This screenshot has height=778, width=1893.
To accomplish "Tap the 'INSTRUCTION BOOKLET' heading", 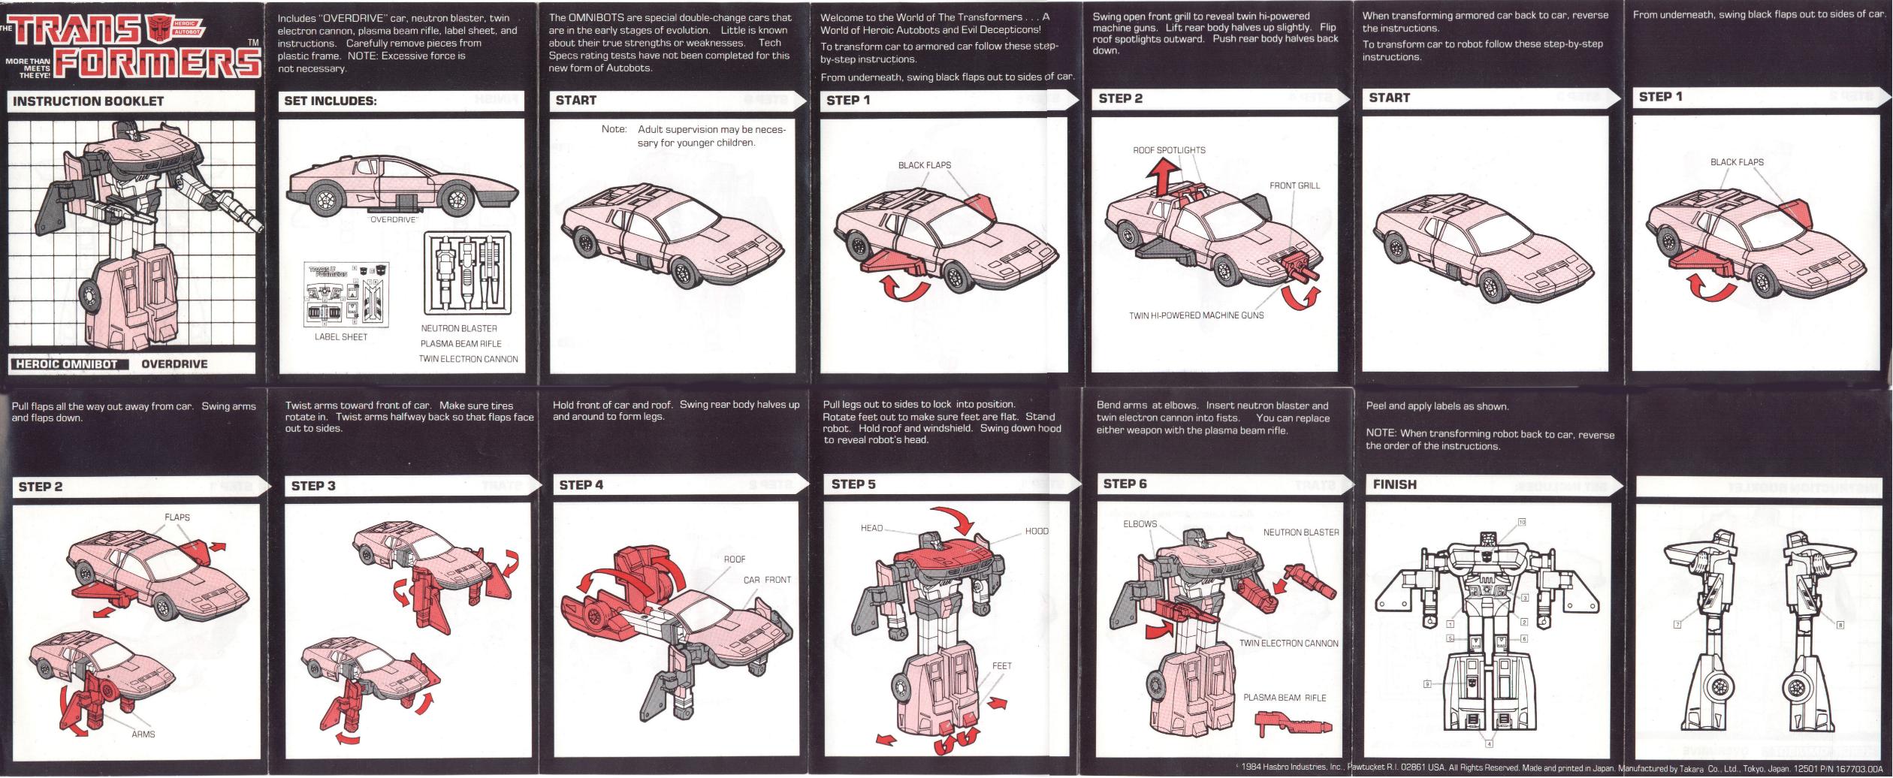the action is pyautogui.click(x=89, y=101).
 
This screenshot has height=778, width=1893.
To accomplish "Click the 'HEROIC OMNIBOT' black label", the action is pyautogui.click(x=68, y=364).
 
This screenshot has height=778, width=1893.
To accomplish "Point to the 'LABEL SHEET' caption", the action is pyautogui.click(x=341, y=337).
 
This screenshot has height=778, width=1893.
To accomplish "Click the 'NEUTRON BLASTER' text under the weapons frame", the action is pyautogui.click(x=459, y=328).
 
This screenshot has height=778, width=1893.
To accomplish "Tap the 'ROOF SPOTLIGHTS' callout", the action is pyautogui.click(x=1169, y=150).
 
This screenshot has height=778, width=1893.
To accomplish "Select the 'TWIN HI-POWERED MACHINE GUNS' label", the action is pyautogui.click(x=1196, y=315).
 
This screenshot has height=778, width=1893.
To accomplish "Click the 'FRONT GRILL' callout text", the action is pyautogui.click(x=1294, y=185).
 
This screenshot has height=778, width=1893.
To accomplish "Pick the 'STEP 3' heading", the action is pyautogui.click(x=313, y=486).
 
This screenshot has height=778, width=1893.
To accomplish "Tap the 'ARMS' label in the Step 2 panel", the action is pyautogui.click(x=143, y=734).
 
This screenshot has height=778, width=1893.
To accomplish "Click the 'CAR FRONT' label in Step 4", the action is pyautogui.click(x=767, y=580).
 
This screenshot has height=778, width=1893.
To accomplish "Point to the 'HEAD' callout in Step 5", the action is pyautogui.click(x=871, y=528).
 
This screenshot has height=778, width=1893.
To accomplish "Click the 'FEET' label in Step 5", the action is pyautogui.click(x=1002, y=665).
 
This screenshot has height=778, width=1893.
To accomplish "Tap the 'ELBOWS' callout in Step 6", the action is pyautogui.click(x=1140, y=524).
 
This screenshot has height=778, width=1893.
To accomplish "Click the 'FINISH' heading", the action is pyautogui.click(x=1395, y=485).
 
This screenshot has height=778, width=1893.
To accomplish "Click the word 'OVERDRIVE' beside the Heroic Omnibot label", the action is pyautogui.click(x=174, y=364).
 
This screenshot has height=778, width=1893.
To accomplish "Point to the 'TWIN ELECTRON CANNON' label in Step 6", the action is pyautogui.click(x=1289, y=644).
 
